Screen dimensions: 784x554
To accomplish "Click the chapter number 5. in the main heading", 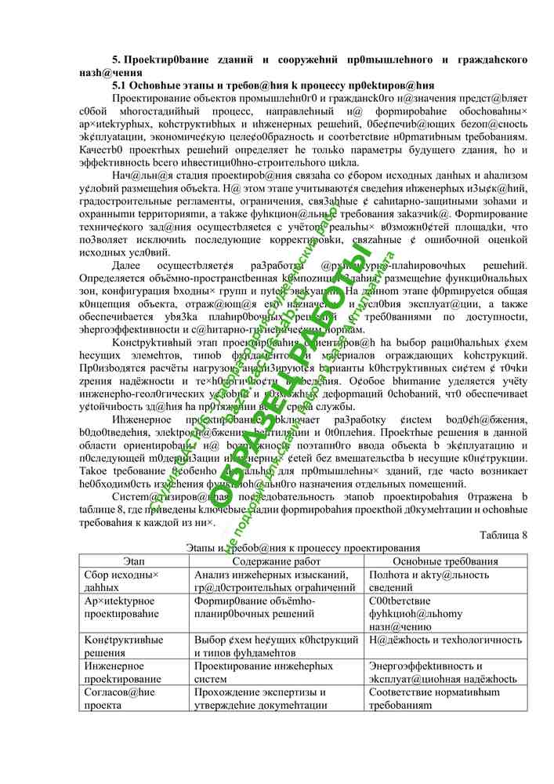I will click(118, 60).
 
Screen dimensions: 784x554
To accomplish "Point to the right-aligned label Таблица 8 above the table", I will click(502, 557).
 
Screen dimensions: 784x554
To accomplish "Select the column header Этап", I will click(134, 583).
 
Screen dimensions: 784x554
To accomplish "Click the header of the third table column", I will click(446, 583).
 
